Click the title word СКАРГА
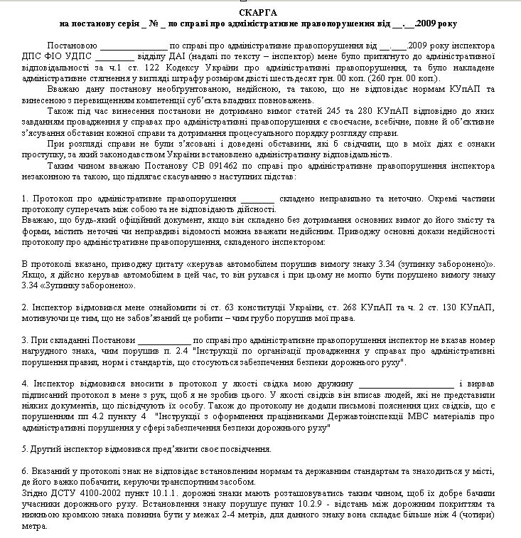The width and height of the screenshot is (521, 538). (259, 14)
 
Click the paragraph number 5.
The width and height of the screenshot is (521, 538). (24, 450)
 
